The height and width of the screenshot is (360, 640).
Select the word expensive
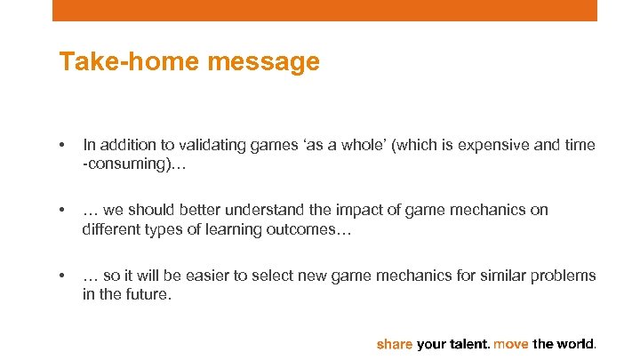click(x=491, y=144)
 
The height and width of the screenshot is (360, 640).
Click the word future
click(x=147, y=294)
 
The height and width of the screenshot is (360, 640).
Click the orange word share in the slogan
click(x=395, y=343)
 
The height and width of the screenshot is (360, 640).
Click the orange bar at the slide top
click(x=324, y=10)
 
